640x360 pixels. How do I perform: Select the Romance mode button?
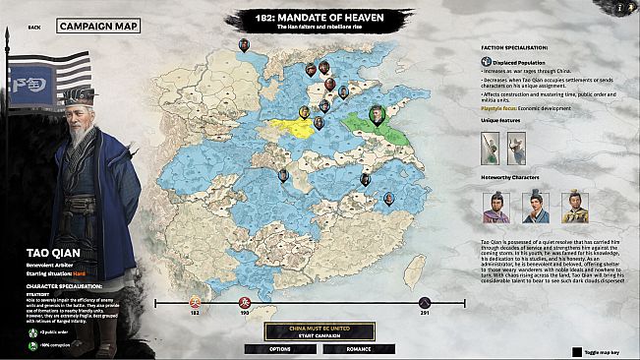[359, 348]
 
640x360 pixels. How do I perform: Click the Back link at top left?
[34, 28]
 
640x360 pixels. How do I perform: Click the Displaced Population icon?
[487, 62]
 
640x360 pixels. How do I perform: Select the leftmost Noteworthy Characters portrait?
[496, 207]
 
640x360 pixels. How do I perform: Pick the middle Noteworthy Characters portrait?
[535, 207]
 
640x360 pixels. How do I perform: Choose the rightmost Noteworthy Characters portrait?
[575, 207]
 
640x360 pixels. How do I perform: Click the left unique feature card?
[490, 149]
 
